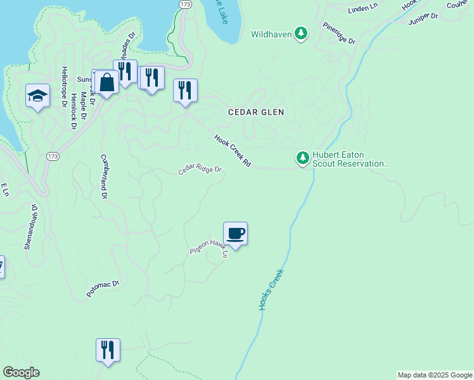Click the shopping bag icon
pyautogui.click(x=106, y=82)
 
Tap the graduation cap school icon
pyautogui.click(x=37, y=96)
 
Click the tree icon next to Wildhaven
pyautogui.click(x=302, y=34)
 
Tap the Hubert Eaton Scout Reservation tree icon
pyautogui.click(x=303, y=158)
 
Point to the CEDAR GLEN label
pyautogui.click(x=256, y=112)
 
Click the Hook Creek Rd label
pyautogui.click(x=233, y=151)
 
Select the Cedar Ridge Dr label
pyautogui.click(x=200, y=170)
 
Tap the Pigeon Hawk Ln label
pyautogui.click(x=208, y=247)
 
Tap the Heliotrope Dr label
pyautogui.click(x=64, y=89)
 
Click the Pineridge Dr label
pyautogui.click(x=339, y=33)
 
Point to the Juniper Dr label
pyautogui.click(x=424, y=16)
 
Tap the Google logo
pyautogui.click(x=21, y=372)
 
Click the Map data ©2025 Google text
pyautogui.click(x=434, y=375)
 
